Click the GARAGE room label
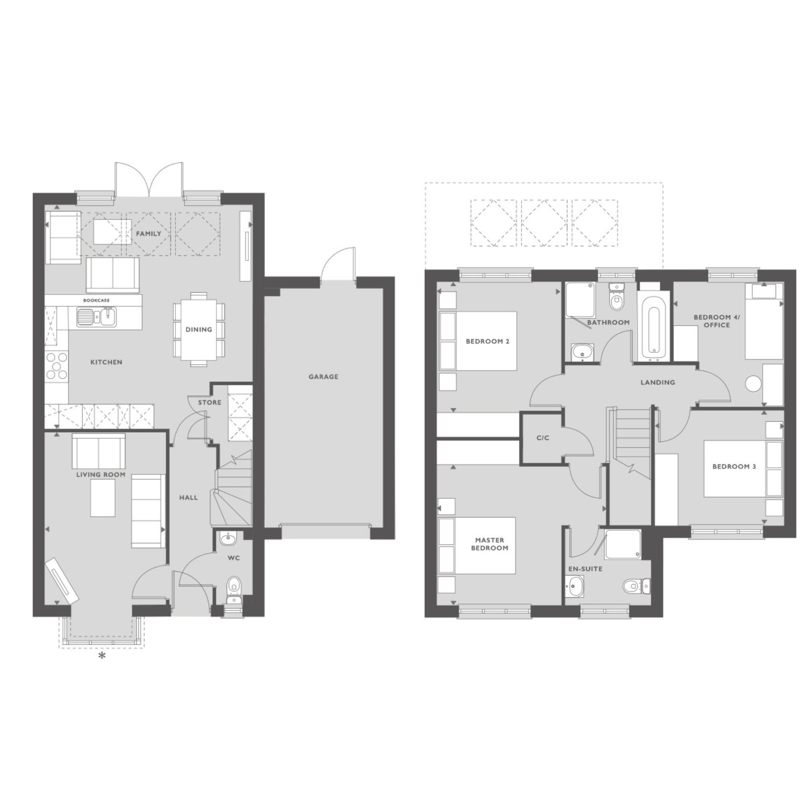pyautogui.click(x=323, y=377)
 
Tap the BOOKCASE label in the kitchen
pyautogui.click(x=96, y=301)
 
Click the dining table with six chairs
pyautogui.click(x=198, y=329)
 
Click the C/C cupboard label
pyautogui.click(x=543, y=438)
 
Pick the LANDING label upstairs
pyautogui.click(x=657, y=382)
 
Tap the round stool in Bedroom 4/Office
pyautogui.click(x=754, y=383)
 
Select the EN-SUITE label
pyautogui.click(x=585, y=569)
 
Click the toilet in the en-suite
pyautogui.click(x=636, y=585)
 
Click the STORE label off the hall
pyautogui.click(x=209, y=402)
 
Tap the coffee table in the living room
pyautogui.click(x=103, y=498)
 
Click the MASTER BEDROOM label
pyautogui.click(x=492, y=544)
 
